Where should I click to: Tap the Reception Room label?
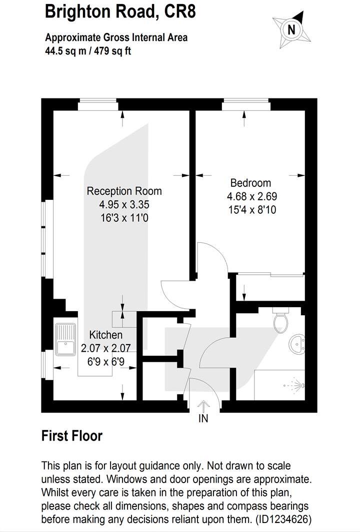124,191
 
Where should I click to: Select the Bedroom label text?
250,183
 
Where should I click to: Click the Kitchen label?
105,335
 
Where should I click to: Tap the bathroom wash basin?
298,344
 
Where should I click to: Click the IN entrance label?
203,419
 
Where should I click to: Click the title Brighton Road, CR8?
120,11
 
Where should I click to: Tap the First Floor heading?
71,436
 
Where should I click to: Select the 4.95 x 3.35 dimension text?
124,204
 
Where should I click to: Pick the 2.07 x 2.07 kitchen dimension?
105,347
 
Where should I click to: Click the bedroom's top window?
246,105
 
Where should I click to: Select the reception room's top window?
98,105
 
